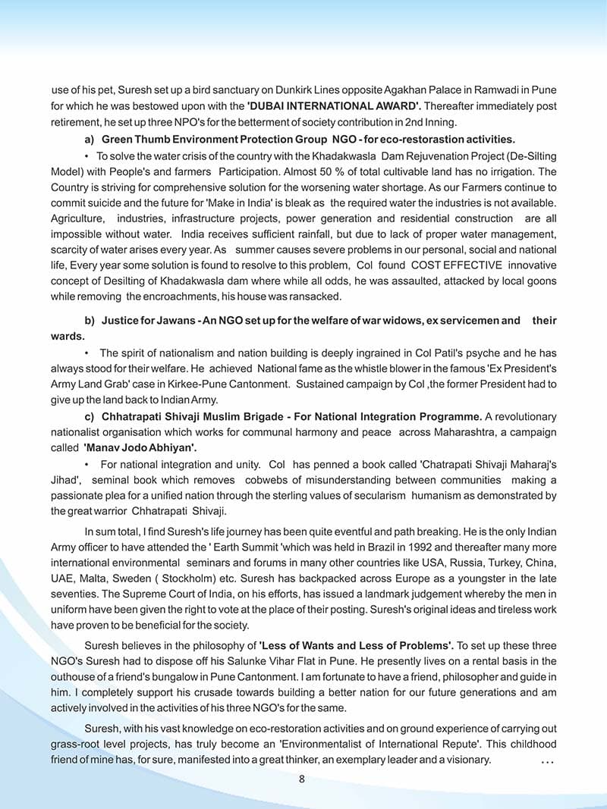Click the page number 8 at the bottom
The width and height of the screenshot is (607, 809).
pos(302,779)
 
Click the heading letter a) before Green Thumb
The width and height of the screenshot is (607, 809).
pos(90,139)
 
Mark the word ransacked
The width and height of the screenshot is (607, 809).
pos(316,296)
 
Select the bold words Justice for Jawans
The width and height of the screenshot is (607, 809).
pos(143,321)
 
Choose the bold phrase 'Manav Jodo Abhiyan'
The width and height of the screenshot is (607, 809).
pos(140,447)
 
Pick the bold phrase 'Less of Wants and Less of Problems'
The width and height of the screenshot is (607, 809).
pos(357,645)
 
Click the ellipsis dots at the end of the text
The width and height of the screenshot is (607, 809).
pos(547,760)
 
